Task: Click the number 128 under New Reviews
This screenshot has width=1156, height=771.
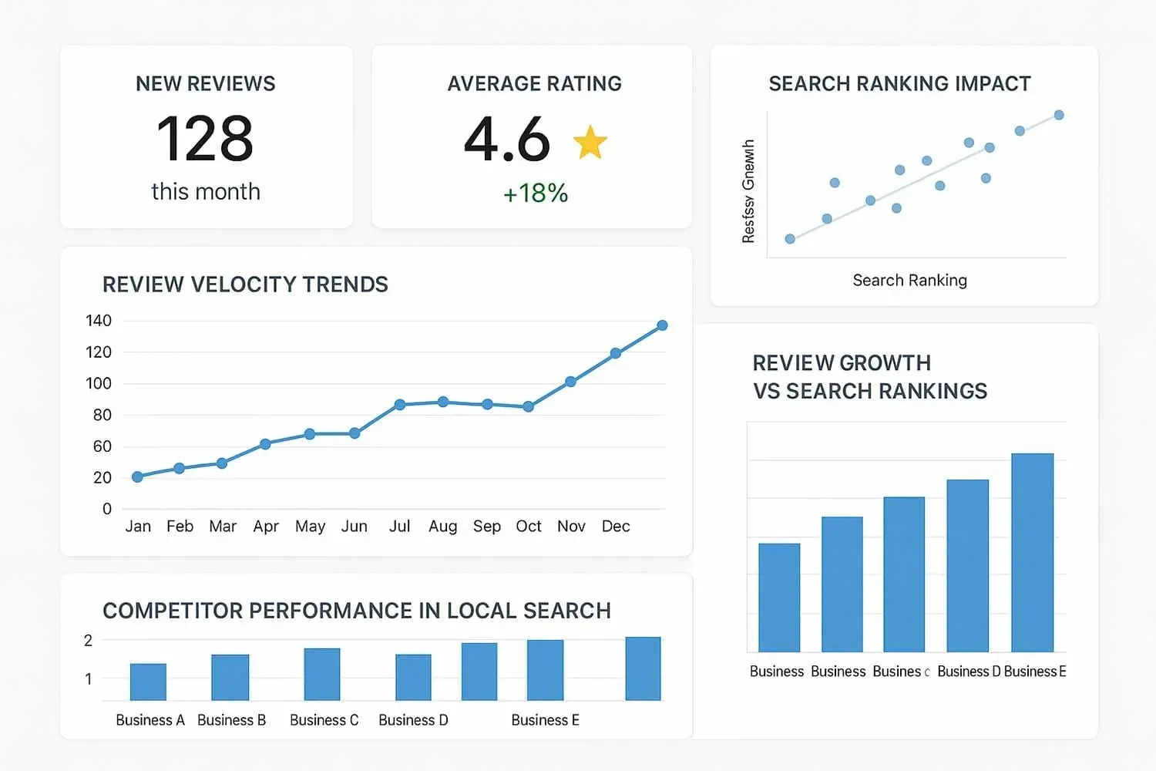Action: coord(205,140)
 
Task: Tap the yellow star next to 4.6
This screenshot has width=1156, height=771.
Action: coord(590,143)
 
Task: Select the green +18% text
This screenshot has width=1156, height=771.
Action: coord(536,193)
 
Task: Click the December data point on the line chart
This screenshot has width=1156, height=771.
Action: coord(662,325)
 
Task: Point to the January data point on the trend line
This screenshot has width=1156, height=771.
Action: coord(137,477)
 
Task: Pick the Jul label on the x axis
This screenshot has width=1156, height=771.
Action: coord(399,527)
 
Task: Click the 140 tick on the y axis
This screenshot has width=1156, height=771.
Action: coord(99,321)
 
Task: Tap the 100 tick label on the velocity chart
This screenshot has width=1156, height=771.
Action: coord(99,383)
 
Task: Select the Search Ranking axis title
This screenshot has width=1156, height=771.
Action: coord(909,281)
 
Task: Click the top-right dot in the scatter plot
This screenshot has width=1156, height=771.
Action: coord(1059,115)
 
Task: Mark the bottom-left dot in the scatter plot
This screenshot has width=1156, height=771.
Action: coord(790,239)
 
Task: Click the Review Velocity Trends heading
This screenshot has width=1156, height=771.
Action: coord(245,284)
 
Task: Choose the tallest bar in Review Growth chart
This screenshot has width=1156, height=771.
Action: coord(1032,552)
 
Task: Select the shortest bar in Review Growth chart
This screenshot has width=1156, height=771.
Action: coord(779,598)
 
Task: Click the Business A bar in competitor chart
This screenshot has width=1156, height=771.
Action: coord(148,682)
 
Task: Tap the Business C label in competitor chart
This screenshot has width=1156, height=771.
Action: coord(324,720)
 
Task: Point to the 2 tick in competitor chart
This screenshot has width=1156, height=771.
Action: coord(88,641)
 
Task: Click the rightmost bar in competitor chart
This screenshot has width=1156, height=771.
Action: coord(643,668)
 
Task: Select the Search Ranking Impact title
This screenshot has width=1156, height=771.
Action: coord(899,84)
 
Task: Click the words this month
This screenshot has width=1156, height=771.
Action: coord(206,192)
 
